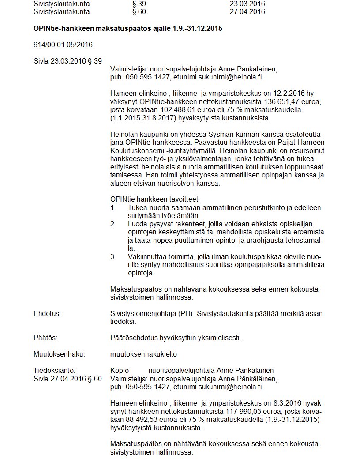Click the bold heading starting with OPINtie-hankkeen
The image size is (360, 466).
[127, 29]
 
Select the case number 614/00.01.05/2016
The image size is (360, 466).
[63, 45]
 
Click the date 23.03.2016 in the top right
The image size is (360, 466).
[247, 4]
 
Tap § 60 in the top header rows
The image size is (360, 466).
[139, 12]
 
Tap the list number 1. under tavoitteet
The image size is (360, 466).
[113, 207]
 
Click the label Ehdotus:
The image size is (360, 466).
[47, 313]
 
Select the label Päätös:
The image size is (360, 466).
[45, 338]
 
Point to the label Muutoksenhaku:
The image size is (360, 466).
[59, 354]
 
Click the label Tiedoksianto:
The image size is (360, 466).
[54, 370]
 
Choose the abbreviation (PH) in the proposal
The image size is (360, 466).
[185, 313]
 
